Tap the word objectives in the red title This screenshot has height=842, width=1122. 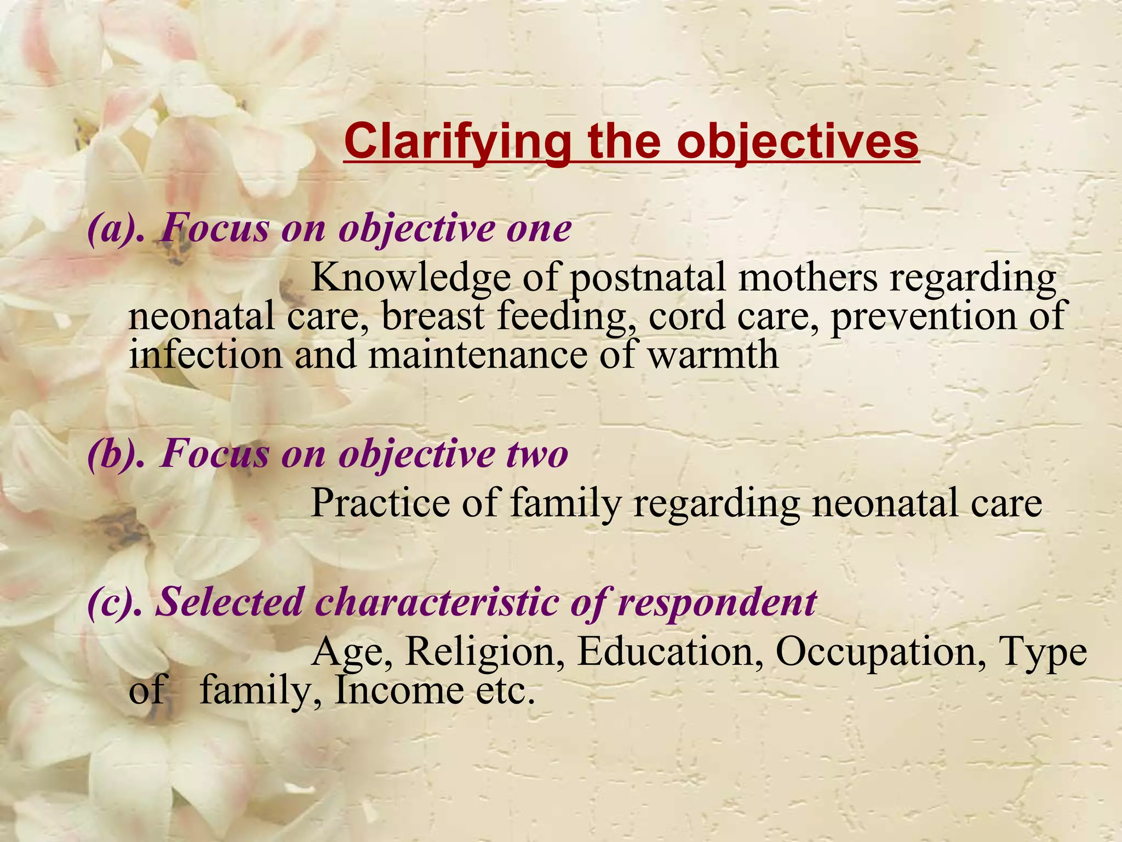(x=797, y=141)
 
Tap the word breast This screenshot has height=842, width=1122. (x=433, y=316)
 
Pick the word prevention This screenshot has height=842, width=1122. (x=924, y=316)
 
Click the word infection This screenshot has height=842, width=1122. (x=205, y=355)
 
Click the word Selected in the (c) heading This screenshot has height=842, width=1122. (x=230, y=602)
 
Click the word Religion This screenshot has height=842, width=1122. (x=485, y=652)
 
